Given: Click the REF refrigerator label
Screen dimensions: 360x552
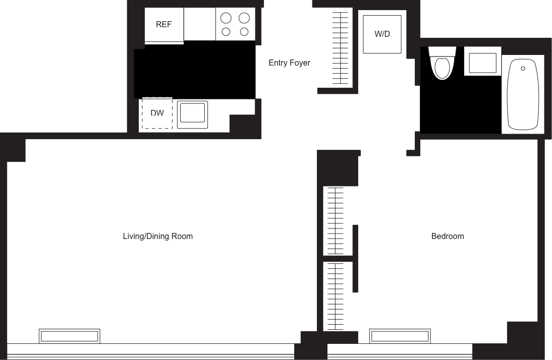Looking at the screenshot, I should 163,25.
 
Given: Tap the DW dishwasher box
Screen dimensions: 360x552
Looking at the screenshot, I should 157,113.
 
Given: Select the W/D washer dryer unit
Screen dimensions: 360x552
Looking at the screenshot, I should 382,34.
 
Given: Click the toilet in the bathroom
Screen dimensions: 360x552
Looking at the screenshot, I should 442,66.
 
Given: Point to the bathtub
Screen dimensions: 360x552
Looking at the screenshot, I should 523,94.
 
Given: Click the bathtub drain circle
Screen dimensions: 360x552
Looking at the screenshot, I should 523,68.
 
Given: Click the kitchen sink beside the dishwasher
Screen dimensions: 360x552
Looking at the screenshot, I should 192,112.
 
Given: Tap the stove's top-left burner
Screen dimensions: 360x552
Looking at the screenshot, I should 226,19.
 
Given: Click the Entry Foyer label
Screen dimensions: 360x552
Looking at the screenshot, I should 289,63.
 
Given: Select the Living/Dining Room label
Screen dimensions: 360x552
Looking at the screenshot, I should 157,236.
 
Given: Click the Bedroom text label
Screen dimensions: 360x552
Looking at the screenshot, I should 448,236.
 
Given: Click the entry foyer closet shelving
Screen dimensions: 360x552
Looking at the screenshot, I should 340,48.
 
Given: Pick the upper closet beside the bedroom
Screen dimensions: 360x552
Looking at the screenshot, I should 334,220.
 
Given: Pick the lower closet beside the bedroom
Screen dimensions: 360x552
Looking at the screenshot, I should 334,295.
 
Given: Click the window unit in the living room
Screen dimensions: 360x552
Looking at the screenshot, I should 70,336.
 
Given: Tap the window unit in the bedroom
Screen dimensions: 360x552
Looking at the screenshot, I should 400,336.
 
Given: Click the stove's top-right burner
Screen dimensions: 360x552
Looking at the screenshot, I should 244,19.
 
